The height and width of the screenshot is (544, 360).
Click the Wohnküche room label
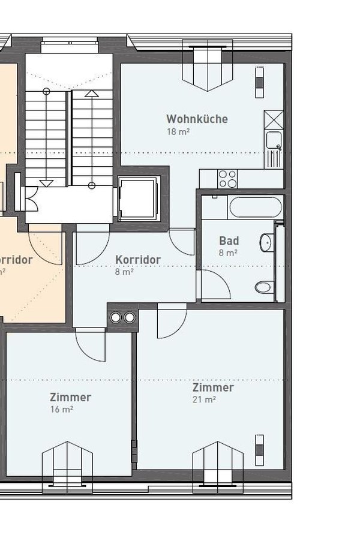197,119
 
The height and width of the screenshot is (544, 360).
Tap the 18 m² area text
178,131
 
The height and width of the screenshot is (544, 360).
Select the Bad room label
229,241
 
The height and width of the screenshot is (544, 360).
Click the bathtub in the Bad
255,208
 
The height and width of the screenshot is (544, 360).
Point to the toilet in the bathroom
264,287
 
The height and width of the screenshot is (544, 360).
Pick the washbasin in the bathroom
266,243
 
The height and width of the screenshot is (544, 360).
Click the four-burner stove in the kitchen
227,179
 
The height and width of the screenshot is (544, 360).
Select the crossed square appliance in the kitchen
274,119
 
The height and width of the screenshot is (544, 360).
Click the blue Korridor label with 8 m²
137,260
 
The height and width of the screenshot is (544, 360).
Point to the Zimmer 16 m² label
70,397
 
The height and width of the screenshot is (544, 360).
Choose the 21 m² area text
204,399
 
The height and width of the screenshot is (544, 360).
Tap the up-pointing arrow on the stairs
91,94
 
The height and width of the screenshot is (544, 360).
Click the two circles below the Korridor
122,317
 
